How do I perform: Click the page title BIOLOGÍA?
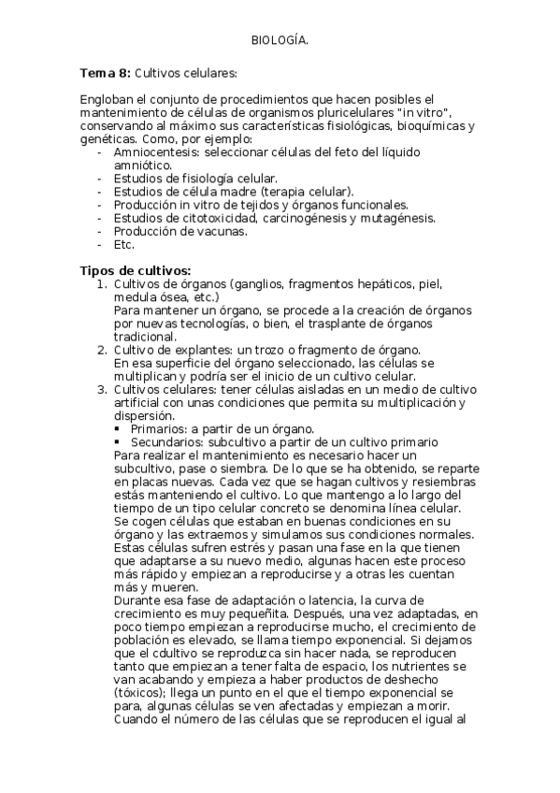point(280,40)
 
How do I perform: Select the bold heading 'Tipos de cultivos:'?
point(136,271)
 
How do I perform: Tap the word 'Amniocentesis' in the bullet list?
point(154,151)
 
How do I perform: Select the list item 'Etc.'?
point(124,244)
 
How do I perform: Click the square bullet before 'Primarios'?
point(117,428)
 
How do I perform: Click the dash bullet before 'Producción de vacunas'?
point(100,231)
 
